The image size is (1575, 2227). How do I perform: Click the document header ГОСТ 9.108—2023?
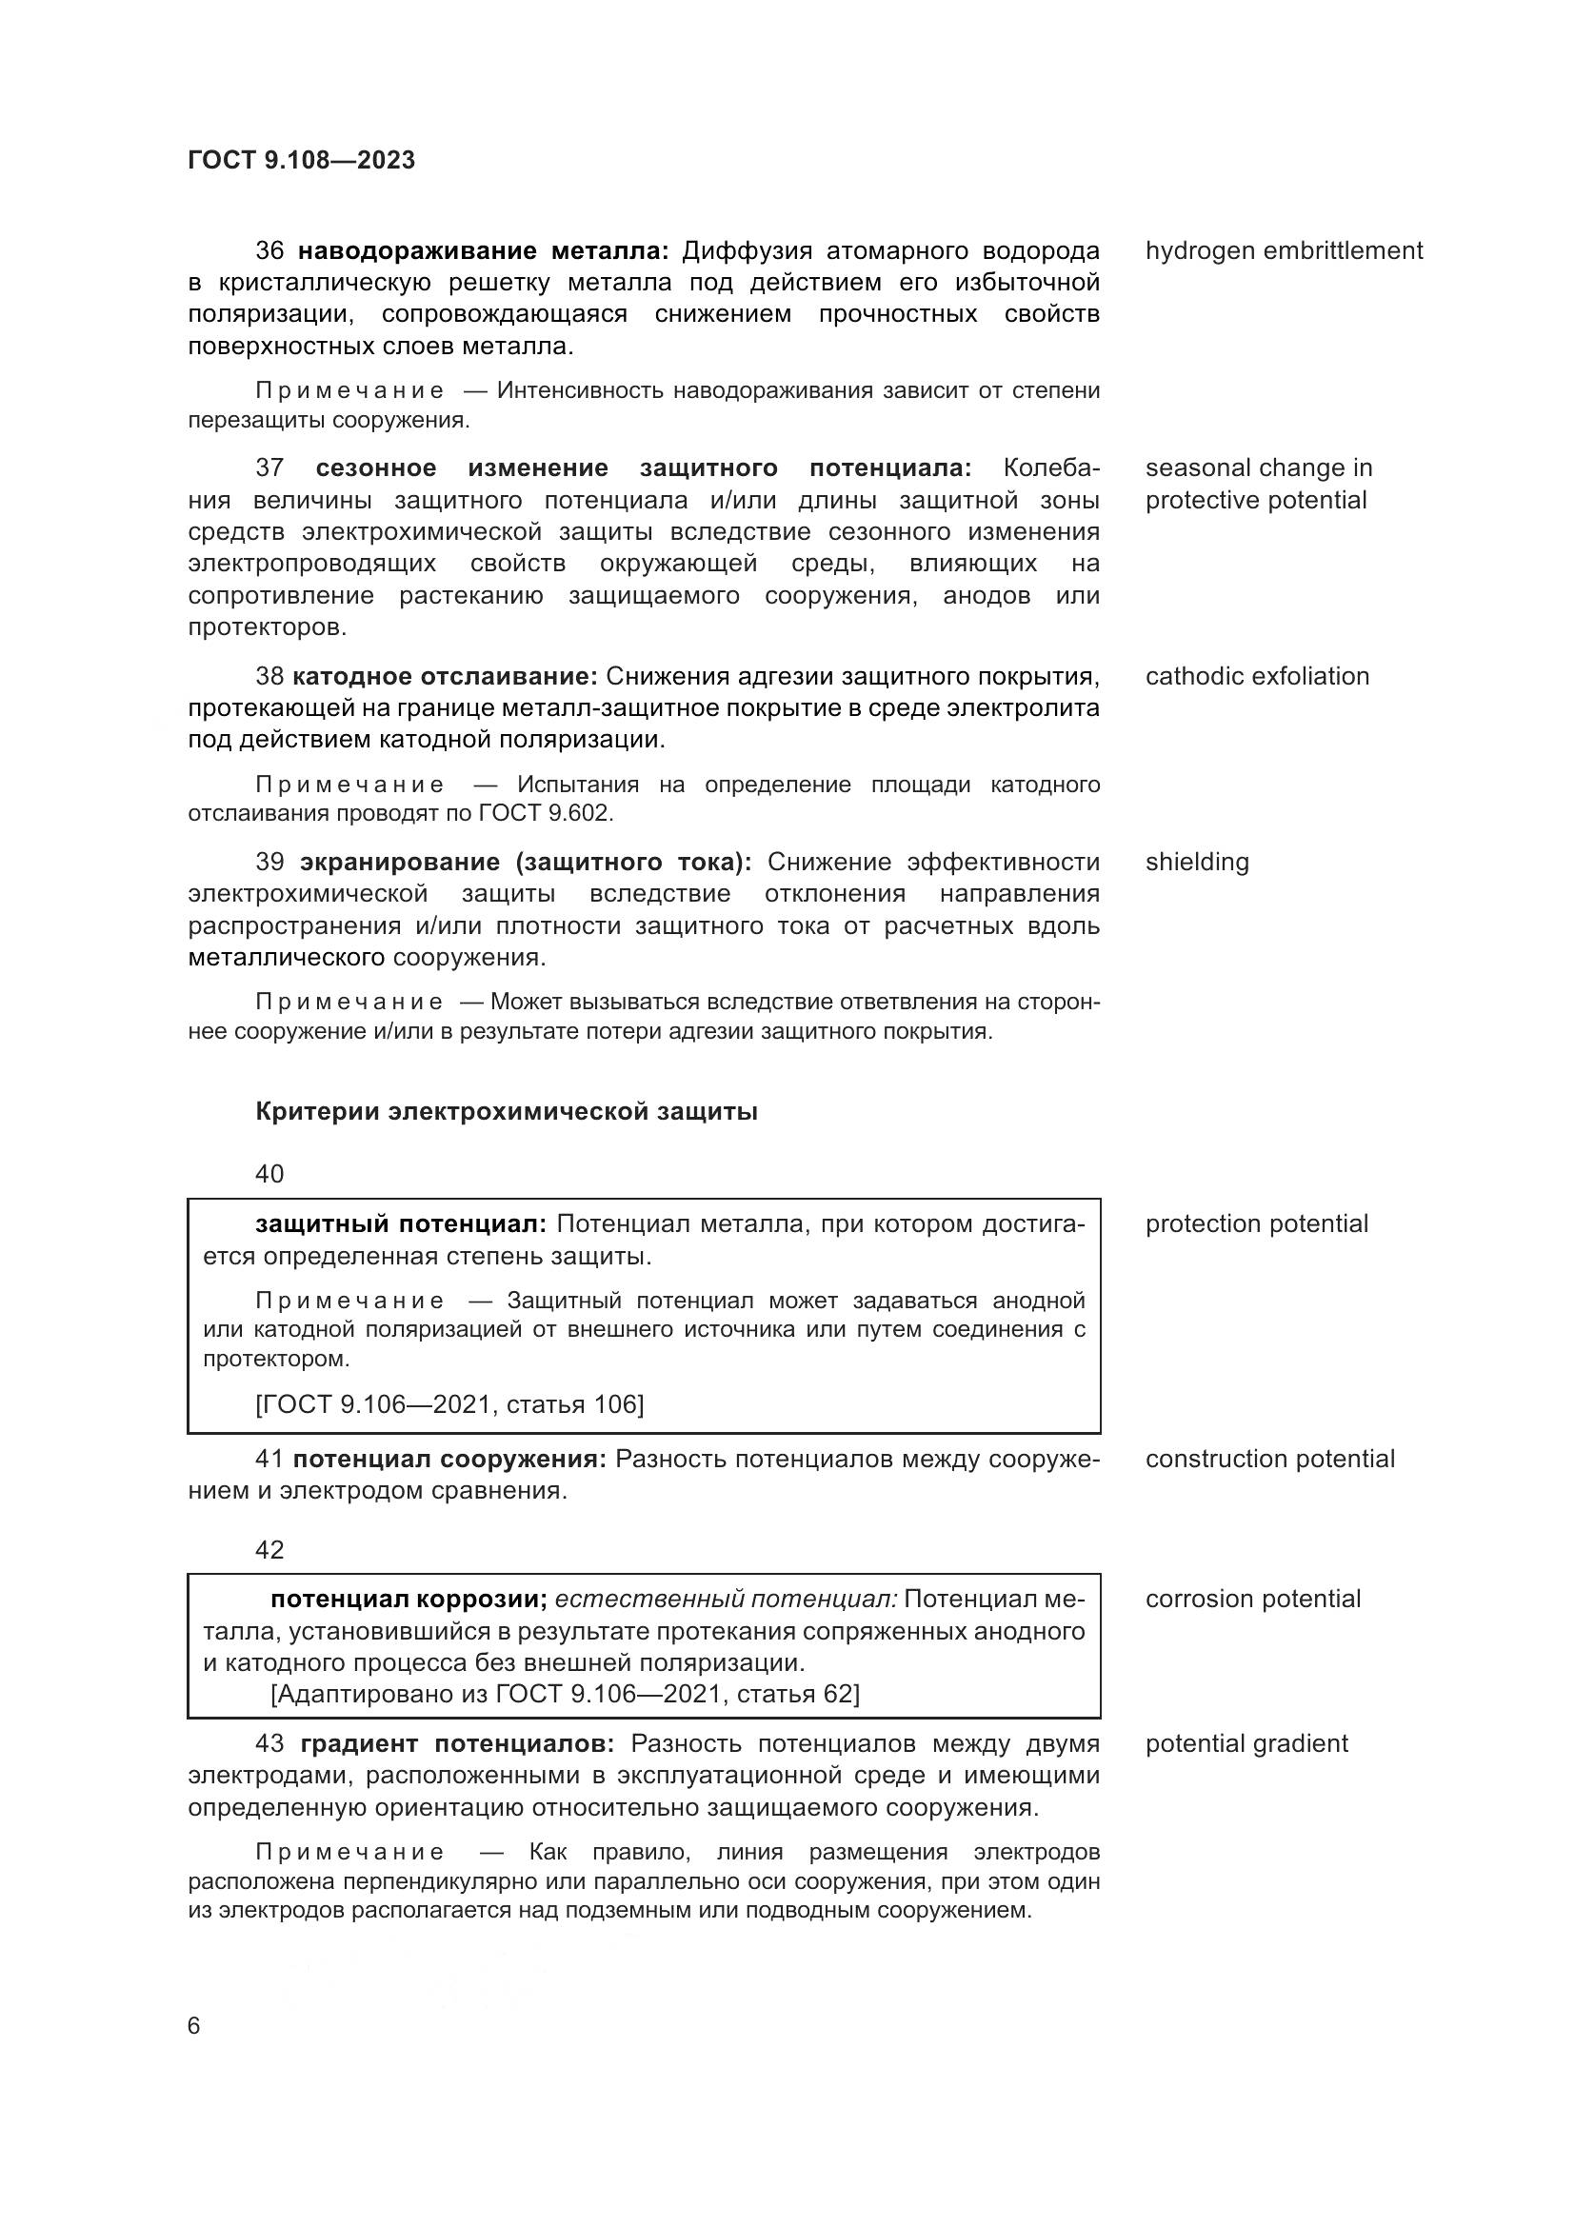(x=302, y=160)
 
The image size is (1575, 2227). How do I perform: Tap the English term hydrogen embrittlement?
(x=1283, y=251)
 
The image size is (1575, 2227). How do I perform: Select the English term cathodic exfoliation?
(x=1257, y=676)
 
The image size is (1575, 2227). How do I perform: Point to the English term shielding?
(x=1197, y=863)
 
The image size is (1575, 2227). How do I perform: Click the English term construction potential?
(x=1269, y=1459)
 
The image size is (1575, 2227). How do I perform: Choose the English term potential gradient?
(x=1246, y=1743)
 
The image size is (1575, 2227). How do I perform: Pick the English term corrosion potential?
(x=1253, y=1599)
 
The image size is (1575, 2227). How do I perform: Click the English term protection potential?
(x=1256, y=1224)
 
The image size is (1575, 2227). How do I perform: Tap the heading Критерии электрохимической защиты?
(x=507, y=1111)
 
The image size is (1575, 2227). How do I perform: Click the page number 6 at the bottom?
(x=194, y=2026)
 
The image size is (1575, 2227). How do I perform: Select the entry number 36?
(x=269, y=251)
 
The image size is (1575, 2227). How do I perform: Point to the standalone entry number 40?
(x=269, y=1175)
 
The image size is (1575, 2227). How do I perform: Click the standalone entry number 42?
(x=269, y=1550)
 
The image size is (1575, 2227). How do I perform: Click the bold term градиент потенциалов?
(x=457, y=1743)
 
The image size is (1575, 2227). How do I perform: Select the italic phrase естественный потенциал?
(x=726, y=1599)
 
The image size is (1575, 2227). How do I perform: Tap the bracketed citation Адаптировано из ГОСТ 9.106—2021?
(x=565, y=1694)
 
